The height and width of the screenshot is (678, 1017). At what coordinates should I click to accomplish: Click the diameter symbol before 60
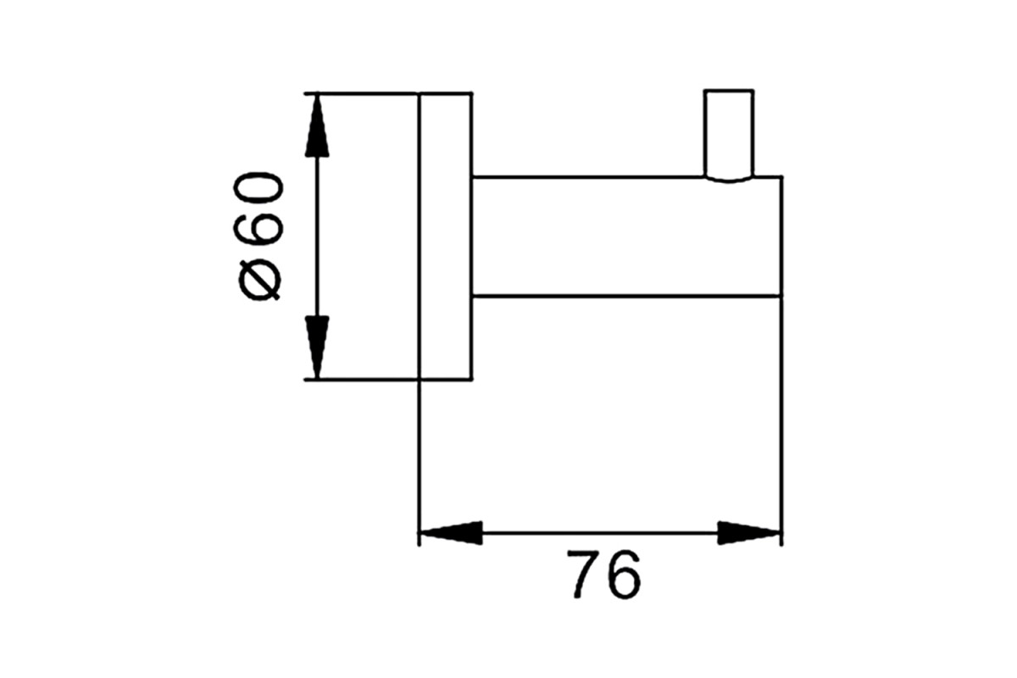(x=259, y=281)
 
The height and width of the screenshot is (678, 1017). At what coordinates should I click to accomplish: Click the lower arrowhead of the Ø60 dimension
(x=317, y=347)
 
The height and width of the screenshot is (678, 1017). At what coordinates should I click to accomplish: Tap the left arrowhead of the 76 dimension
(x=450, y=533)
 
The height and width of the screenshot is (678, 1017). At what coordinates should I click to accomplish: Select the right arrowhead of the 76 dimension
(x=749, y=533)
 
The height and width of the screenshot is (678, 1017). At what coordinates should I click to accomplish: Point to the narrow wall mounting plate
(x=446, y=236)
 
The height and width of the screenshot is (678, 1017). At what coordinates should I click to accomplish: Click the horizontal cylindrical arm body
(x=627, y=236)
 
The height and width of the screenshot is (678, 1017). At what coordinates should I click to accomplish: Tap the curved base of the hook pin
(x=729, y=181)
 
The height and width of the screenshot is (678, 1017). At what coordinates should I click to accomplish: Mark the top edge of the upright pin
(x=729, y=91)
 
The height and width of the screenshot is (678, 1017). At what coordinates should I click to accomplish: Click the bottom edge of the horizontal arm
(x=627, y=297)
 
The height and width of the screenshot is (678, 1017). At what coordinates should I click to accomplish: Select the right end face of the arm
(x=781, y=236)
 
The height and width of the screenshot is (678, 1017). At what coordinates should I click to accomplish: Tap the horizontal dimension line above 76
(x=600, y=533)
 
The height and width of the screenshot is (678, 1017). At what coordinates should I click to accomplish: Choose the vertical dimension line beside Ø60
(x=317, y=236)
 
